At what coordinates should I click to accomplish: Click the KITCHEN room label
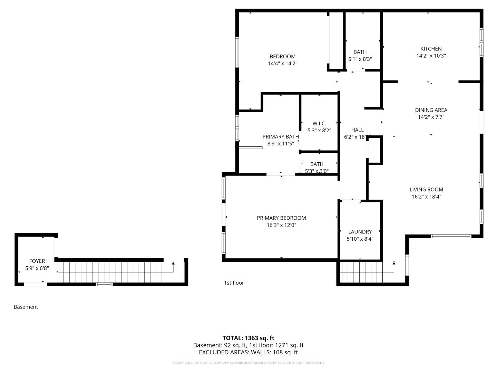click(431, 49)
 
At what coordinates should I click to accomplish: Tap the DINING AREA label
click(431, 110)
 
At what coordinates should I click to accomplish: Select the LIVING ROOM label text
click(426, 189)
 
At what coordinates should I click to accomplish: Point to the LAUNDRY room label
click(360, 232)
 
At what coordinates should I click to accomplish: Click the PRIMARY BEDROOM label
click(281, 218)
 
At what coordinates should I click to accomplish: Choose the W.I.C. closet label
click(319, 123)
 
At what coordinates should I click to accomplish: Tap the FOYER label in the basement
click(37, 261)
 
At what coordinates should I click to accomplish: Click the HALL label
click(357, 130)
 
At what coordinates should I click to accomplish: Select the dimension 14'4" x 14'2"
click(282, 64)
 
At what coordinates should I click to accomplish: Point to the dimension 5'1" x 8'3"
click(360, 59)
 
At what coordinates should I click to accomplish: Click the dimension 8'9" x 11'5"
click(281, 144)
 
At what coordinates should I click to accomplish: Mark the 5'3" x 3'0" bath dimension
click(317, 171)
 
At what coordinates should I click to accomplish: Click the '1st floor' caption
click(234, 283)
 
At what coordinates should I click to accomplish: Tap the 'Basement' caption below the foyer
click(26, 307)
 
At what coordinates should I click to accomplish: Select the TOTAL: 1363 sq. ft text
click(248, 338)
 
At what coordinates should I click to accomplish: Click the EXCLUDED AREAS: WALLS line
click(248, 352)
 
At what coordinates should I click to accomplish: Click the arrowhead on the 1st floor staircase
click(394, 263)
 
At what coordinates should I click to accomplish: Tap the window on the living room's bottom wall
click(451, 237)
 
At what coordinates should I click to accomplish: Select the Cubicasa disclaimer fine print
click(248, 363)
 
